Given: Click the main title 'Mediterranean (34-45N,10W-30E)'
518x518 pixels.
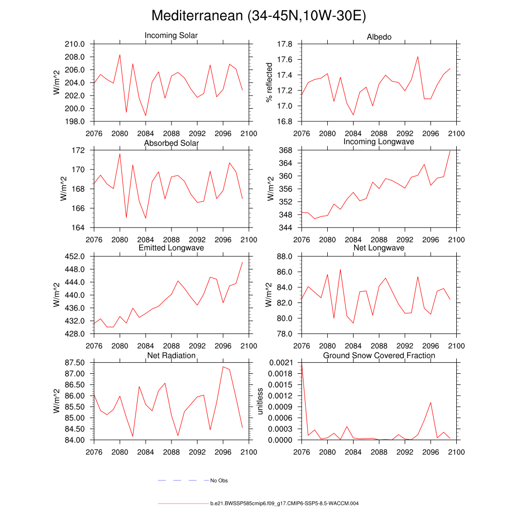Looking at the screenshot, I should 258,16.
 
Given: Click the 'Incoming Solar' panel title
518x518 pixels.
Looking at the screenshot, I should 171,35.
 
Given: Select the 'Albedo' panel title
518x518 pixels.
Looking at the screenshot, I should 379,37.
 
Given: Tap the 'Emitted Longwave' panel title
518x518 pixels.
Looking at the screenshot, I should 171,248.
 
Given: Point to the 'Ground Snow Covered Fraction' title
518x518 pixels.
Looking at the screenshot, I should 379,356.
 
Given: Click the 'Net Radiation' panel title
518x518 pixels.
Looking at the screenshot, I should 171,356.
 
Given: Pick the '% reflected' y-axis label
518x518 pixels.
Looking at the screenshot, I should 269,82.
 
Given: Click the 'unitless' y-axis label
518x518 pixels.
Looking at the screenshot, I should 261,401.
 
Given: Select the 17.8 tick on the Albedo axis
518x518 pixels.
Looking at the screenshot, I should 286,45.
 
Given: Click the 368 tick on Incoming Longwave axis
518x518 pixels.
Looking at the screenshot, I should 289,151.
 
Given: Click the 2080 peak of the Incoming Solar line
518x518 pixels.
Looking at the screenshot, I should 120,55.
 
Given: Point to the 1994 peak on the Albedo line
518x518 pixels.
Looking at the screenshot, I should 418,57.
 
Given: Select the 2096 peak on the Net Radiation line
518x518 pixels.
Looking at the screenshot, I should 223,367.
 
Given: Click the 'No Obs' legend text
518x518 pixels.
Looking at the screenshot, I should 219,481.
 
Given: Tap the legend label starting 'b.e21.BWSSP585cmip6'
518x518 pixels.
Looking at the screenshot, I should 284,504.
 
